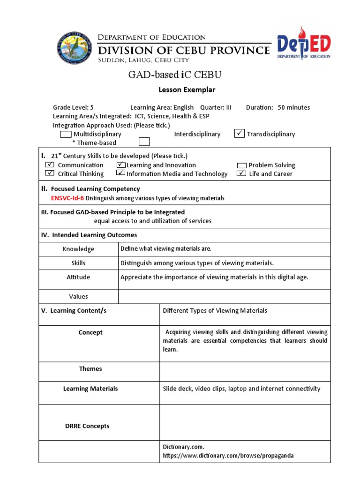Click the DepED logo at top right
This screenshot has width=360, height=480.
303,45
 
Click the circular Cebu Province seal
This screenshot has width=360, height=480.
74,48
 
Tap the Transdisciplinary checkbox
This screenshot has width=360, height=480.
240,134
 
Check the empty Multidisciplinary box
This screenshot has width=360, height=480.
66,134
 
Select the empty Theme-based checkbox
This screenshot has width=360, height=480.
144,142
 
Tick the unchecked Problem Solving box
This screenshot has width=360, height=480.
242,165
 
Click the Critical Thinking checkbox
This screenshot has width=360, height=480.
50,173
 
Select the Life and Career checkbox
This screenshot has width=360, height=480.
241,173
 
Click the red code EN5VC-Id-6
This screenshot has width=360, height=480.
67,198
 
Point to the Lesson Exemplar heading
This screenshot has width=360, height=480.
180,90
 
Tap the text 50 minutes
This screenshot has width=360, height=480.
294,107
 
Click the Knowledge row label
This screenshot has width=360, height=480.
78,249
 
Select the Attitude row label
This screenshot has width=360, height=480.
78,277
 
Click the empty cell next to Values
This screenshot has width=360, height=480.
224,296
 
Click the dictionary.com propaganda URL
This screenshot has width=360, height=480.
228,456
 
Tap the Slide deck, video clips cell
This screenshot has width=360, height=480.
241,389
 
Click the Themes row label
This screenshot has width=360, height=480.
90,369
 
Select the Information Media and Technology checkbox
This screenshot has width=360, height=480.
120,173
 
